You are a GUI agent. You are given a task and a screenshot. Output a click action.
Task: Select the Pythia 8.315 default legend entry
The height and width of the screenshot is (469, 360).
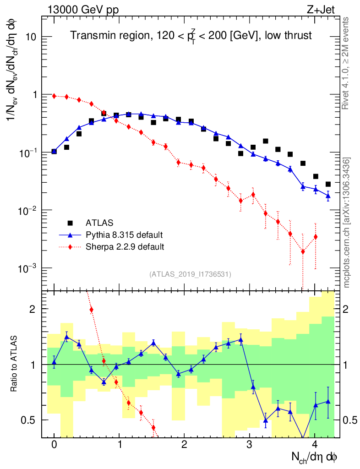[124, 235]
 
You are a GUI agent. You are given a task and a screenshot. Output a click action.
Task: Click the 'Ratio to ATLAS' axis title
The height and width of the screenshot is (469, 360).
[15, 364]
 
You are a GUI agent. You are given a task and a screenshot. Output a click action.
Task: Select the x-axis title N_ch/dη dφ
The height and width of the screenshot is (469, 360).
[315, 457]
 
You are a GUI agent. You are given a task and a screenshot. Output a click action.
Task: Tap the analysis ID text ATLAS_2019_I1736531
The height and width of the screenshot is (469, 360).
[190, 274]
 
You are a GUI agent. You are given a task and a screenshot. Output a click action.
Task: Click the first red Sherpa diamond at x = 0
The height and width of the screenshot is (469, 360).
[54, 96]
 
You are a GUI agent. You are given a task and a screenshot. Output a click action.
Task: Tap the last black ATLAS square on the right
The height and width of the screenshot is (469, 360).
[328, 184]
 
